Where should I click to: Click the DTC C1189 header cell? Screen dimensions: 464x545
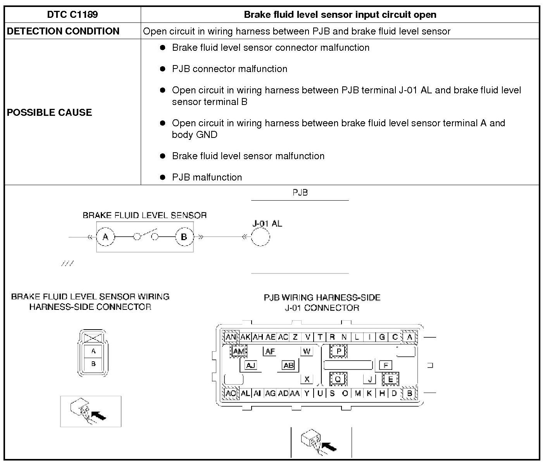pyautogui.click(x=72, y=15)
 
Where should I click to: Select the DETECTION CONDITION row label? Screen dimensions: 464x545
pyautogui.click(x=63, y=31)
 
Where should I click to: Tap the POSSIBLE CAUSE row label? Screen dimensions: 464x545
pyautogui.click(x=50, y=112)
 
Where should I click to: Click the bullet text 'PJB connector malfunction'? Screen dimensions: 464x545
pyautogui.click(x=229, y=69)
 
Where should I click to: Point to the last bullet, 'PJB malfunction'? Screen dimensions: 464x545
pyautogui.click(x=207, y=177)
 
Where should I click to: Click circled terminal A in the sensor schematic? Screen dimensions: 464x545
pyautogui.click(x=105, y=237)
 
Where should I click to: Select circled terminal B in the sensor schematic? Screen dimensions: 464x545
pyautogui.click(x=184, y=237)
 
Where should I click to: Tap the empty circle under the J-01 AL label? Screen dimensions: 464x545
pyautogui.click(x=260, y=237)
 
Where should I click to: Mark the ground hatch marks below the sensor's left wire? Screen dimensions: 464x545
pyautogui.click(x=67, y=264)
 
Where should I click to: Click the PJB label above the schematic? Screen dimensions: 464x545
pyautogui.click(x=300, y=192)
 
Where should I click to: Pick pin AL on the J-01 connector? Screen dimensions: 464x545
pyautogui.click(x=245, y=393)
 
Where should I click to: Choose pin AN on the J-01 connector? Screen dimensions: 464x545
pyautogui.click(x=231, y=337)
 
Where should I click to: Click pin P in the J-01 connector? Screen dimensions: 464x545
pyautogui.click(x=338, y=351)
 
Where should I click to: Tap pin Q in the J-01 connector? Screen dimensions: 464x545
pyautogui.click(x=338, y=379)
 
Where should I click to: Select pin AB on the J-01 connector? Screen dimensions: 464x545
pyautogui.click(x=288, y=365)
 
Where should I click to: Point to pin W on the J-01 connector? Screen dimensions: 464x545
pyautogui.click(x=307, y=351)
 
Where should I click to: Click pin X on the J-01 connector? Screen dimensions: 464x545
pyautogui.click(x=307, y=379)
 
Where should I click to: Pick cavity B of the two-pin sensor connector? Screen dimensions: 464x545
pyautogui.click(x=93, y=364)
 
